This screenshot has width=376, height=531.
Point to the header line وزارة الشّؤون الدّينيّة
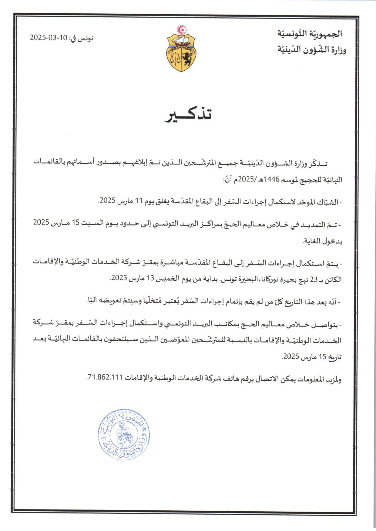312,49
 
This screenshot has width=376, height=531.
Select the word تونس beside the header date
86,38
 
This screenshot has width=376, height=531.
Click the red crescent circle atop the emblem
182,29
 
